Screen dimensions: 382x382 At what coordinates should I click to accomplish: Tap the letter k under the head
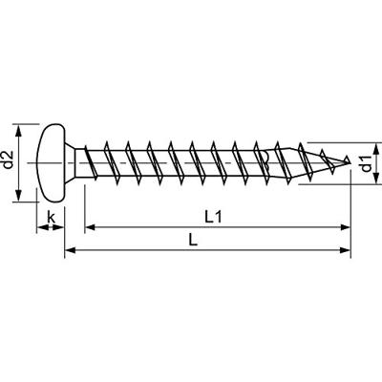51,218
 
